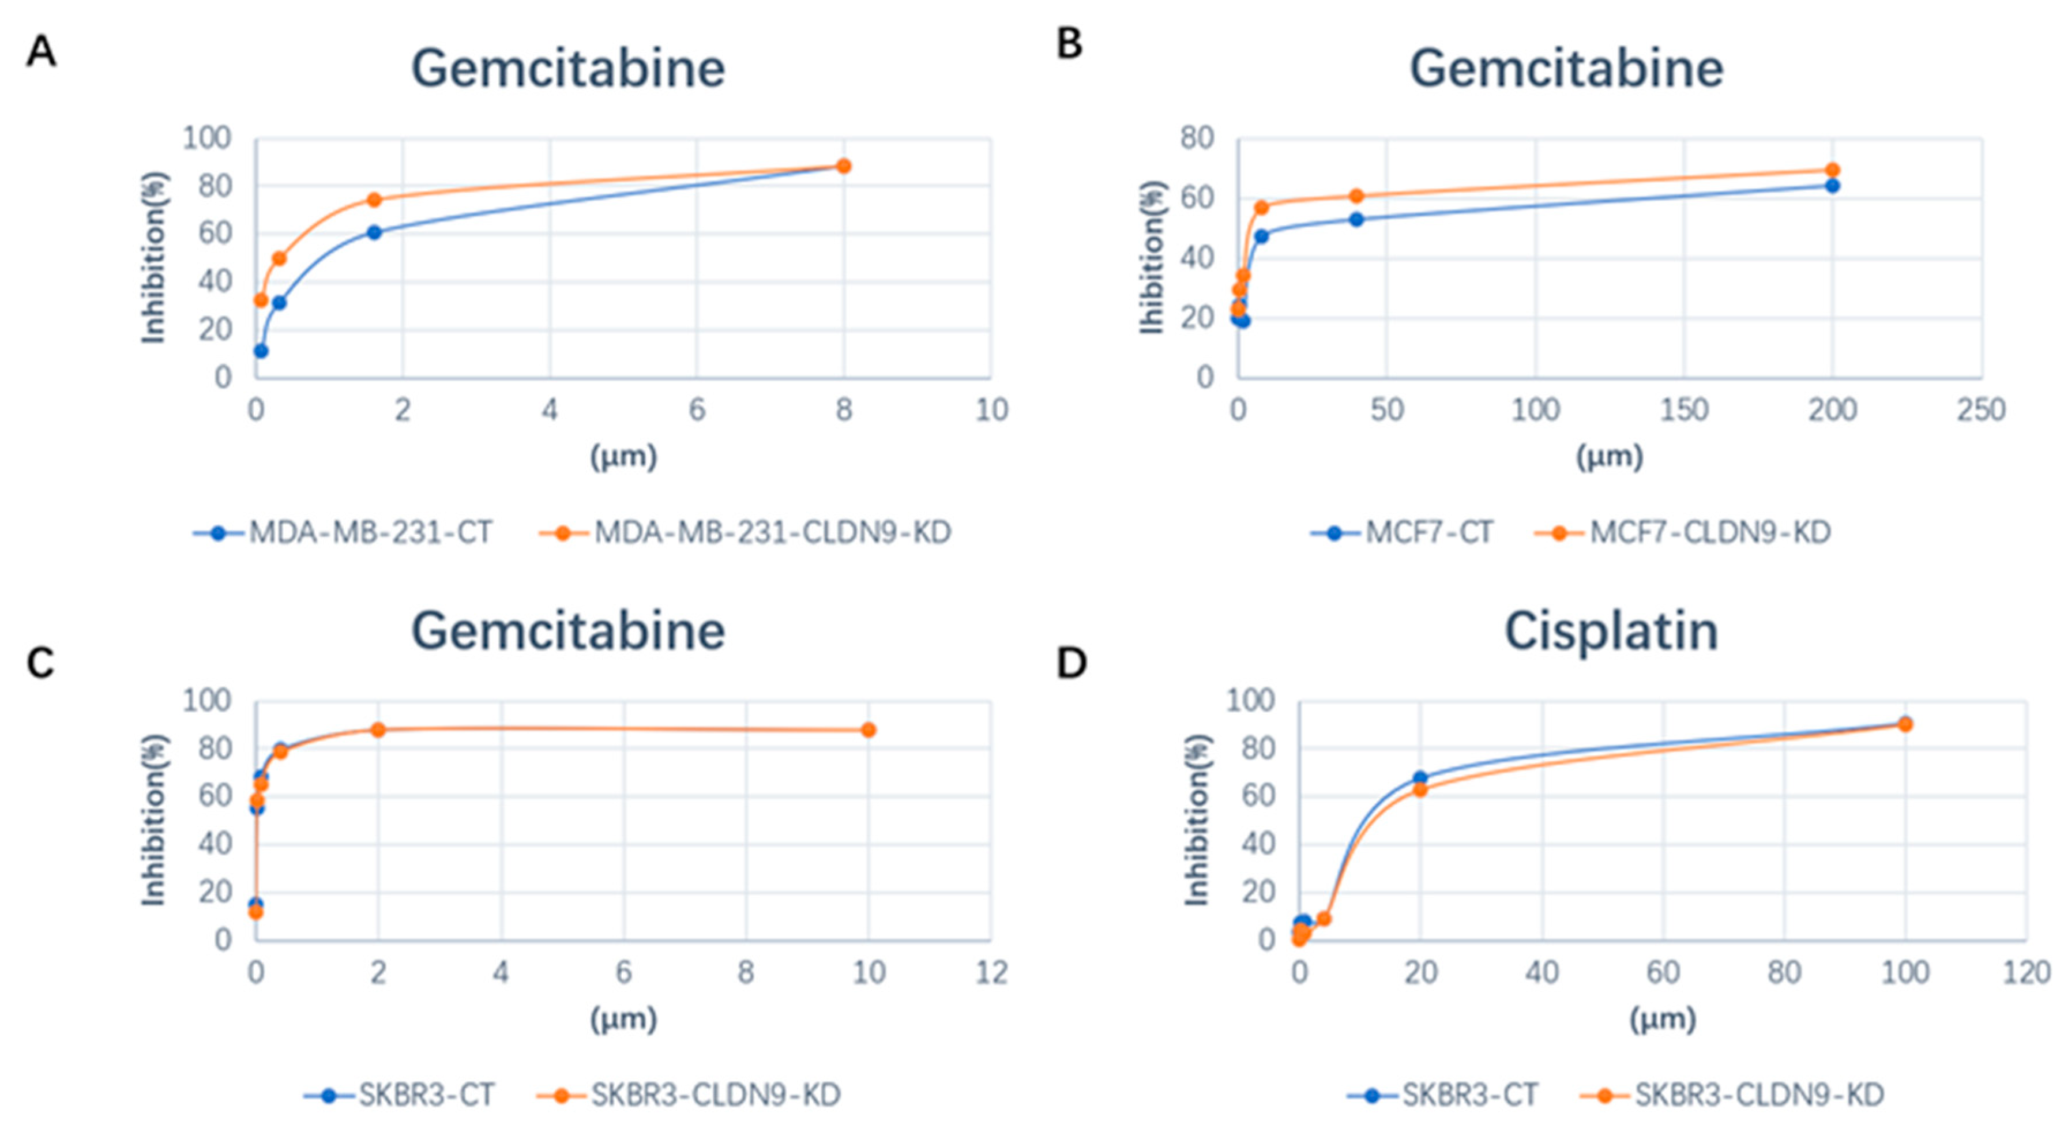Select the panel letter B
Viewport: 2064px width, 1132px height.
pos(1070,44)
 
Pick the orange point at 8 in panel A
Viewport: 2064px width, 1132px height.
pos(843,166)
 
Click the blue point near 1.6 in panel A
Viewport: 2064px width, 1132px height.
pos(374,232)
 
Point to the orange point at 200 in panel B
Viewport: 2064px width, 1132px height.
pos(1832,170)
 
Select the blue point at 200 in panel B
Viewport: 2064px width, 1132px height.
pos(1832,186)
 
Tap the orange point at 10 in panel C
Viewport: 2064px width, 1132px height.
pos(868,730)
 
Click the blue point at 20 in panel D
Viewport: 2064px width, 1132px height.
pos(1420,778)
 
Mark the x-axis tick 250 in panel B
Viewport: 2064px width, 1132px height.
pos(1981,410)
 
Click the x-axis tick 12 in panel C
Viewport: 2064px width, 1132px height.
pos(991,973)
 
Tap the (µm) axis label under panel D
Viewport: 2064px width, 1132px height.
pos(1663,1019)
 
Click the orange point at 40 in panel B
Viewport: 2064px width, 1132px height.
pos(1356,196)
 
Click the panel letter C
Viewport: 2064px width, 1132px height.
pos(40,663)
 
